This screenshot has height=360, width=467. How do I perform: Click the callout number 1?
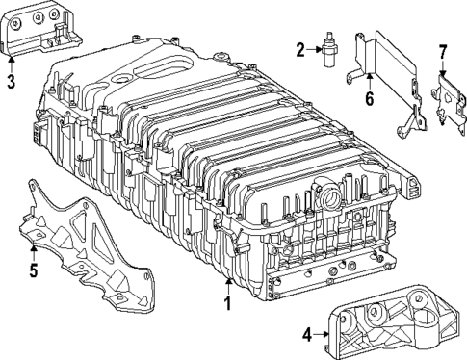[x=229, y=304]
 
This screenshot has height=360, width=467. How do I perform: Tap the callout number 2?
[x=300, y=49]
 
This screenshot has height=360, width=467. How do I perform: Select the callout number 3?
[x=10, y=82]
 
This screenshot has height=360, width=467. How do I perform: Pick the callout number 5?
[x=32, y=270]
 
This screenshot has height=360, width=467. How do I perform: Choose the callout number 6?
[x=367, y=96]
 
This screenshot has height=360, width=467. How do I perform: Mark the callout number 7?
[x=442, y=52]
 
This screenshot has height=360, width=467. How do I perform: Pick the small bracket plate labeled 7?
[x=445, y=100]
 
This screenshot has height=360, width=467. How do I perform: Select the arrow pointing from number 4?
[x=322, y=334]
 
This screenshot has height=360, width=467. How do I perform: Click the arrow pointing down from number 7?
[x=442, y=67]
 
